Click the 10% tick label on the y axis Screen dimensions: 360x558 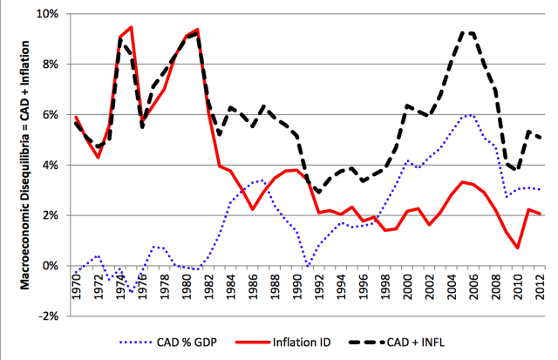click(x=45, y=15)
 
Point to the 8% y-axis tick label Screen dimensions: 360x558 click(x=48, y=65)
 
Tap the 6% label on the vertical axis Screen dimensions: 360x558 click(x=48, y=115)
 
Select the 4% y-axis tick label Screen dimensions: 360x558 click(x=48, y=165)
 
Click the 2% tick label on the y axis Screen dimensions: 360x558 click(x=48, y=215)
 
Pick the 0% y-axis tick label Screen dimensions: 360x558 click(x=48, y=265)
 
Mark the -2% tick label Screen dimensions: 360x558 click(x=46, y=316)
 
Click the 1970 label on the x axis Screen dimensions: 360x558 click(x=78, y=282)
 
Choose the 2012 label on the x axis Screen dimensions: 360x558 click(x=541, y=282)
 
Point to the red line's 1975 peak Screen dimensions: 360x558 click(x=131, y=27)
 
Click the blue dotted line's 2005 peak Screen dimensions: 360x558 click(x=470, y=114)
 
